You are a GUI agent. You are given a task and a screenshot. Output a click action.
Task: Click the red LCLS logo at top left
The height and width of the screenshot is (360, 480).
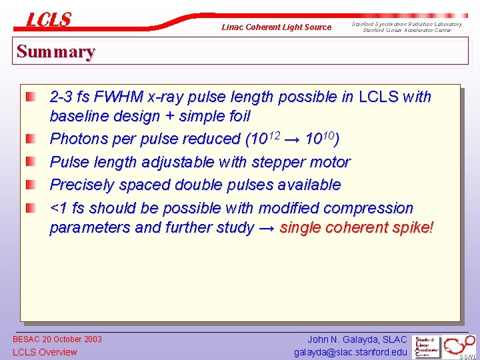pyautogui.click(x=48, y=20)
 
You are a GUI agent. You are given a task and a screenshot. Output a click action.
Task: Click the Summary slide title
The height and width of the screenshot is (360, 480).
pyautogui.click(x=56, y=51)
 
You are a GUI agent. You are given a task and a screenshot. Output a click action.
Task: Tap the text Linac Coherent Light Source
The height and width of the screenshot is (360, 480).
pyautogui.click(x=276, y=27)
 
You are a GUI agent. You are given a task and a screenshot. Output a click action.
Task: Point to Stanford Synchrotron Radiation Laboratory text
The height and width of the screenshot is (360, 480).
pyautogui.click(x=407, y=24)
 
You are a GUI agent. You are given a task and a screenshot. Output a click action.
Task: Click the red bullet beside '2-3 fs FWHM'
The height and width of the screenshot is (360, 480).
pyautogui.click(x=31, y=97)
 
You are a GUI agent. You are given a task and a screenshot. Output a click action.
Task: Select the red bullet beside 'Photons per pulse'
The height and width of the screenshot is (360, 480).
pyautogui.click(x=31, y=140)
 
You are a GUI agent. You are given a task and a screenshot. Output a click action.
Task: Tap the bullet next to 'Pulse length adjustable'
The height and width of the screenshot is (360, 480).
pyautogui.click(x=31, y=163)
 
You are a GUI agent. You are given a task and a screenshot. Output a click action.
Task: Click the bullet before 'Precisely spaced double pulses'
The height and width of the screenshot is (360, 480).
pyautogui.click(x=31, y=185)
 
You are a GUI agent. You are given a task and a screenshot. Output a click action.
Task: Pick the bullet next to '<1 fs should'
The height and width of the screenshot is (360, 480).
pyautogui.click(x=31, y=209)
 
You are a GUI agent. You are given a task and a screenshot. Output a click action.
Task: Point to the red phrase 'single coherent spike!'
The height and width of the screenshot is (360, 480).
pyautogui.click(x=357, y=228)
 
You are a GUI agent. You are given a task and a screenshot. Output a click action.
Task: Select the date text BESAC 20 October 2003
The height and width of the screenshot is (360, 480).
pyautogui.click(x=57, y=339)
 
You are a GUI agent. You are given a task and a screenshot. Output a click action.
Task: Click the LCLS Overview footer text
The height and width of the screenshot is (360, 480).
pyautogui.click(x=45, y=352)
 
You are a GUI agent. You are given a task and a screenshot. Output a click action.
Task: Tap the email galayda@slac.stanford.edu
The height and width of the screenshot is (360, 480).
pyautogui.click(x=350, y=352)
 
